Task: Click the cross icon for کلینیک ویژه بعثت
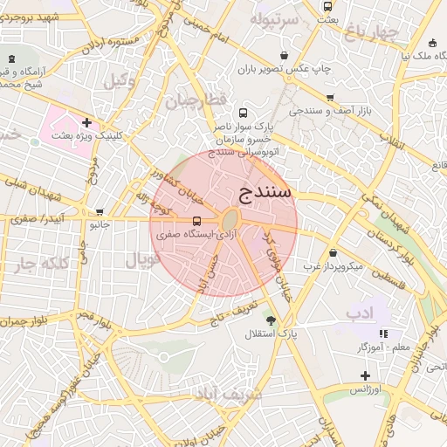pos(86,122)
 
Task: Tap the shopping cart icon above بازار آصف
pos(330,98)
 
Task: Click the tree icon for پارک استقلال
pos(271,320)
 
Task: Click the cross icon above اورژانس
pos(365,375)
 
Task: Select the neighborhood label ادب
pos(359,312)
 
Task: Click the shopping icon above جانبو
pos(100,211)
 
